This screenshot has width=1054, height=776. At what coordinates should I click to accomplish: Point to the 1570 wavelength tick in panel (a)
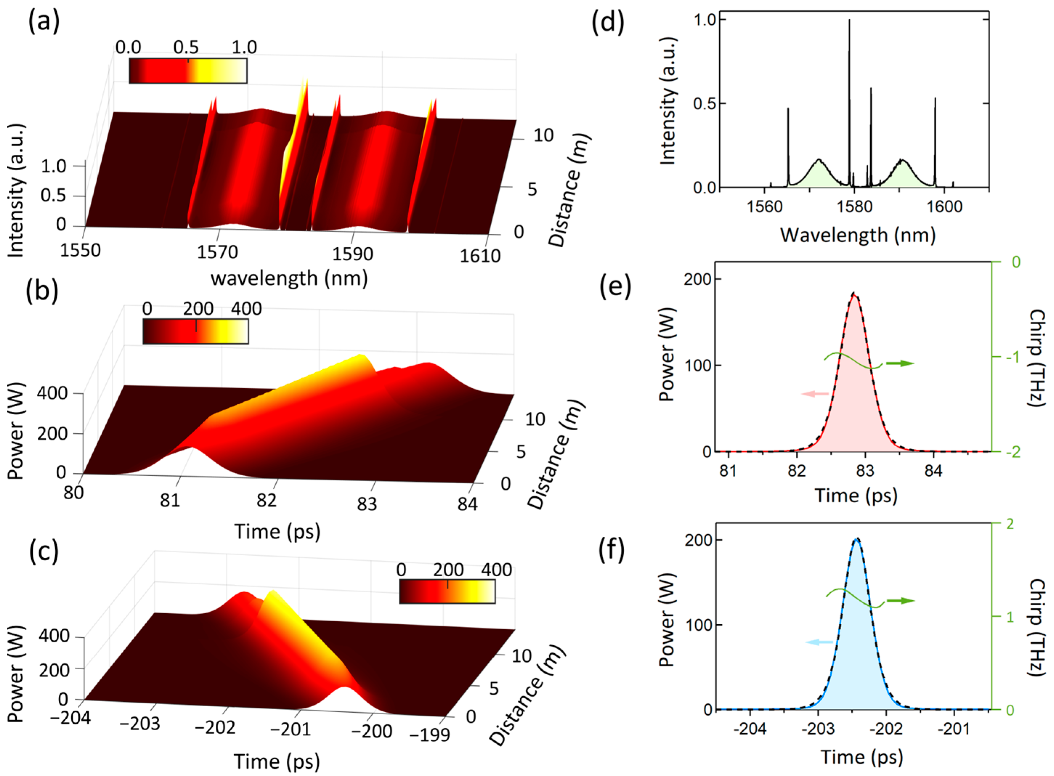217,253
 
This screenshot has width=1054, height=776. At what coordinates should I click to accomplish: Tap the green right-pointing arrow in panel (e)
900,363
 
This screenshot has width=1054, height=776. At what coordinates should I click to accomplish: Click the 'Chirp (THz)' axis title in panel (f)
1035,627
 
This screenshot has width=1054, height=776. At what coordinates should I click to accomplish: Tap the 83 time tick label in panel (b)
367,504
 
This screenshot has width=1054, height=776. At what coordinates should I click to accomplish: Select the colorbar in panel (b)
195,332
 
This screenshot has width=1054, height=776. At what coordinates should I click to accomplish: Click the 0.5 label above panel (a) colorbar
186,48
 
